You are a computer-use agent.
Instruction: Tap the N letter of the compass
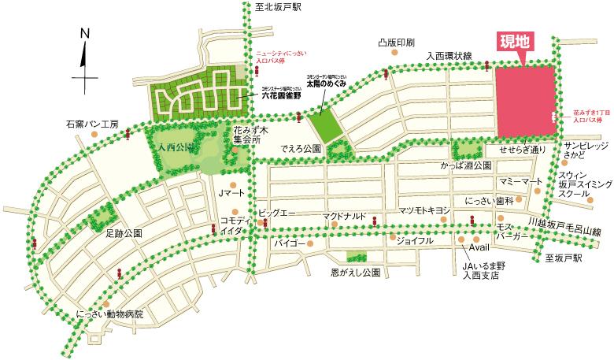[84, 33]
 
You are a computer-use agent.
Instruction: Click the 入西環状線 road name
[449, 56]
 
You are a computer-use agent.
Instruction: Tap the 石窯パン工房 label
[91, 124]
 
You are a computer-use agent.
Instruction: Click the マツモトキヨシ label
[424, 210]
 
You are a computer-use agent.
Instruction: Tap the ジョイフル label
[415, 240]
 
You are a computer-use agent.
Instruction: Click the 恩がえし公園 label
[356, 273]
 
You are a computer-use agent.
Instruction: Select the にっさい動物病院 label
[110, 314]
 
